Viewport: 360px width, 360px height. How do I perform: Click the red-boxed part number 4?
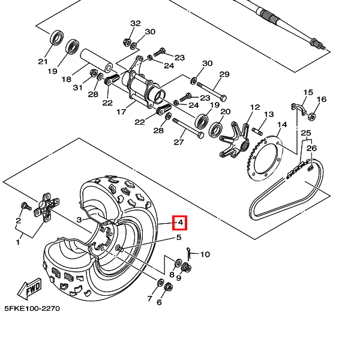[180, 223]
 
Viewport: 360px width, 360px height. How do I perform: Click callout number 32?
[136, 23]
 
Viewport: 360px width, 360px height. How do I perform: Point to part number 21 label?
[43, 61]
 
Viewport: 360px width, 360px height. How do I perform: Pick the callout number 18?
[67, 79]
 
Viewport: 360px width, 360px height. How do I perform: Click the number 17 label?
[121, 112]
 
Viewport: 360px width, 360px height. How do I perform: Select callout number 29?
[224, 74]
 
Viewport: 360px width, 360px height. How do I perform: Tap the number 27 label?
[178, 142]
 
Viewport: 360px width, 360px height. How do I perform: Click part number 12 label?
[255, 107]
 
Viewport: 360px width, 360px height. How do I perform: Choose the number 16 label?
[322, 99]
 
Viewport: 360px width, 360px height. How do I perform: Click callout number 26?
[311, 148]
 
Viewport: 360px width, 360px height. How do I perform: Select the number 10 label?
[205, 254]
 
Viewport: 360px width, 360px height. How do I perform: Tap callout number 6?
[159, 302]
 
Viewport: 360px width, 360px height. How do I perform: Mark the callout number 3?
[79, 220]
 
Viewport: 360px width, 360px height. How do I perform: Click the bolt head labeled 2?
[25, 206]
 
